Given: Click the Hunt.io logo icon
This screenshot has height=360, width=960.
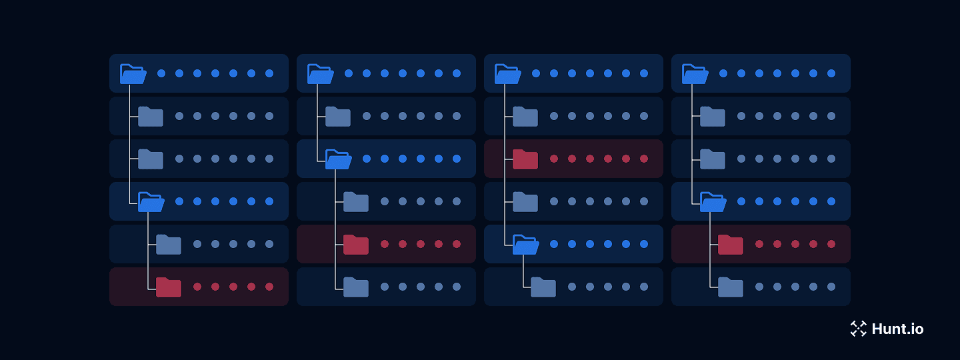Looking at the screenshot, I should (x=858, y=329).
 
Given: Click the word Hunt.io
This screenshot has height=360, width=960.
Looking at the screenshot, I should (x=897, y=329).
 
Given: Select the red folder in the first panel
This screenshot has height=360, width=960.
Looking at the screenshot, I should (x=169, y=287).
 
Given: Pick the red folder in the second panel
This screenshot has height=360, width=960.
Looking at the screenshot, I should (x=356, y=245).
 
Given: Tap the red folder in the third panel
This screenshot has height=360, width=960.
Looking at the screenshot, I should (x=525, y=159).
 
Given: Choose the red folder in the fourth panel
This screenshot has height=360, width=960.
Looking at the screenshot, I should (x=731, y=245).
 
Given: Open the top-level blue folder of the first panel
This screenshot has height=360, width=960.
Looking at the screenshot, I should (x=133, y=74).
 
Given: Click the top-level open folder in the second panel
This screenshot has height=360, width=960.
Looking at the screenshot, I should (x=320, y=74).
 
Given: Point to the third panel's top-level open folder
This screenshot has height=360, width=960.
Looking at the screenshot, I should (x=507, y=74).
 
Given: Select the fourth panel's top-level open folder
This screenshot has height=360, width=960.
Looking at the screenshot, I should (x=695, y=74).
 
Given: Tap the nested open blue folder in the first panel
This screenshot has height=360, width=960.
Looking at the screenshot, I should (x=151, y=202).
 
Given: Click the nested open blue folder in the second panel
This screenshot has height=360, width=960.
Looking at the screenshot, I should (x=338, y=159).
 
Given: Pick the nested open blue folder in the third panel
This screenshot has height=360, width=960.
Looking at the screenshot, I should (x=525, y=245).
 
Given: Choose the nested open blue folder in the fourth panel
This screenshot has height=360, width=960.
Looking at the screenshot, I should (x=713, y=202).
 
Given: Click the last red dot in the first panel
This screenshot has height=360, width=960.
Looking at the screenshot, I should (x=269, y=287).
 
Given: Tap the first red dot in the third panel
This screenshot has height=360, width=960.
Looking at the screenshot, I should (x=554, y=159).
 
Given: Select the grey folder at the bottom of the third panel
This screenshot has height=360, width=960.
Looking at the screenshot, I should (x=543, y=287).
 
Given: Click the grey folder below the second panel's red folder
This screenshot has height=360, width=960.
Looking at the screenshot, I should (x=356, y=287).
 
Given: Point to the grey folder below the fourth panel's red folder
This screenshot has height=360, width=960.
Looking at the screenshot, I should (x=731, y=287).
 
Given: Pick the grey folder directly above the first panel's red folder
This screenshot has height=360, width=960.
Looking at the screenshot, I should (x=169, y=245).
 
